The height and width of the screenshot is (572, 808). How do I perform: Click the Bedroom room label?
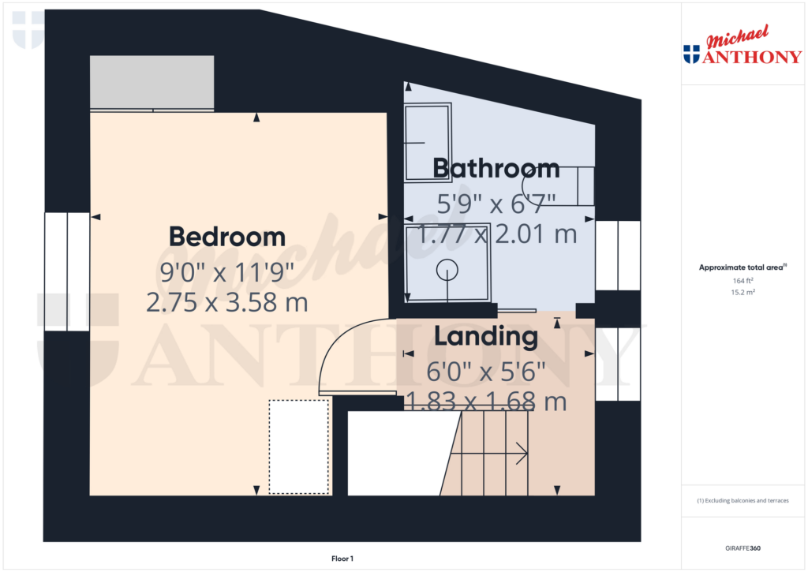tap(227, 237)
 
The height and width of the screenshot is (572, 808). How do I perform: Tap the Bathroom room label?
tap(496, 168)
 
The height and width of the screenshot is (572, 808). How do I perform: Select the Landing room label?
tap(486, 337)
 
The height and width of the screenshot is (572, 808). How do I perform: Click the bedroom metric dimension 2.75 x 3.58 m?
tap(227, 301)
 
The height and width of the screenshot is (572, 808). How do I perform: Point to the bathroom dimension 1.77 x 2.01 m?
tap(497, 234)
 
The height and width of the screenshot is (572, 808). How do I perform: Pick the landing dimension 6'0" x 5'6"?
tap(486, 370)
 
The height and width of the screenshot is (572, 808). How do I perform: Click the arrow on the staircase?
tap(521, 453)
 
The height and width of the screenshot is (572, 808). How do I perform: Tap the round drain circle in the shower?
tap(447, 270)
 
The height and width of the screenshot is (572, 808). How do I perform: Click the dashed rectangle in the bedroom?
tap(299, 447)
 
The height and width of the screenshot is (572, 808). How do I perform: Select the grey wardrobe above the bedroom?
tap(152, 82)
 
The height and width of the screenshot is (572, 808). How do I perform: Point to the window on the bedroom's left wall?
tap(67, 271)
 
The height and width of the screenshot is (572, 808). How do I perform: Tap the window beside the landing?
tap(617, 363)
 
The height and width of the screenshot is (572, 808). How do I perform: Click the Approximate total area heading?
tap(743, 268)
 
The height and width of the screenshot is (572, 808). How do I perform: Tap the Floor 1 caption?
tap(342, 559)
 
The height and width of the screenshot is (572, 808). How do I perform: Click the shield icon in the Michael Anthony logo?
tap(691, 54)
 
